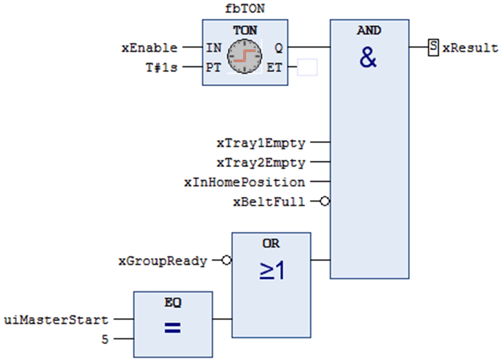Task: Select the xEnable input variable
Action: click(x=149, y=48)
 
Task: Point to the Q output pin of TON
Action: click(x=279, y=48)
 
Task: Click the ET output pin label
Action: click(x=274, y=67)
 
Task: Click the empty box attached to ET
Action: click(x=307, y=67)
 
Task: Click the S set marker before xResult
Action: click(x=433, y=48)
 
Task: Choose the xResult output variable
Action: click(x=470, y=48)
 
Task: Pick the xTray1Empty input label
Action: click(x=261, y=143)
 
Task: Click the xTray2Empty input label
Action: click(x=261, y=162)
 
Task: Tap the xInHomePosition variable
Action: click(x=244, y=182)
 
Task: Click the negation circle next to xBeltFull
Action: click(x=325, y=202)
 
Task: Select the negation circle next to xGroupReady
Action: click(x=226, y=261)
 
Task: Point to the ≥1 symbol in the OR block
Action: click(x=272, y=272)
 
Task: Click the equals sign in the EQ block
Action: click(x=173, y=328)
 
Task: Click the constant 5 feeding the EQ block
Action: click(x=104, y=339)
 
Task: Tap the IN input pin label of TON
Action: click(x=214, y=48)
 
